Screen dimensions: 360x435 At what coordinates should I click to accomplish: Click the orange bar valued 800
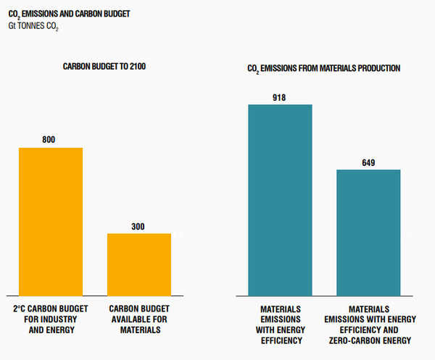[51, 221]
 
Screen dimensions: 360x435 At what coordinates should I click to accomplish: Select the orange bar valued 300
[139, 264]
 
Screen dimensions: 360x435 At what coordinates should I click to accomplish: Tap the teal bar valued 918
[280, 200]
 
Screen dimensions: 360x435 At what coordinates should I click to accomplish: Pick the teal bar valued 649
[368, 233]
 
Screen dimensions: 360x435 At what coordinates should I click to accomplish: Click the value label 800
[49, 139]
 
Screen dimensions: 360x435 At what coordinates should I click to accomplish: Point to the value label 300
[138, 226]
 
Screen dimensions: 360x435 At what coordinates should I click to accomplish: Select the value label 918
[280, 96]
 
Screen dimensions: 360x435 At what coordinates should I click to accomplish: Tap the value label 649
[368, 162]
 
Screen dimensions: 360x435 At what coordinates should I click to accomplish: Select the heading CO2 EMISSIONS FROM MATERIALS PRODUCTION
[324, 68]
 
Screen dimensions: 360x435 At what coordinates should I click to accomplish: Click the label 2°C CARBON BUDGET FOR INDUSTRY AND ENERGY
[51, 319]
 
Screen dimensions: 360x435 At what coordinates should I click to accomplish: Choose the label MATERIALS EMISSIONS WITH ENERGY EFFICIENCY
[280, 325]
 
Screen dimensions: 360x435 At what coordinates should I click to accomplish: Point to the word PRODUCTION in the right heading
[377, 68]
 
